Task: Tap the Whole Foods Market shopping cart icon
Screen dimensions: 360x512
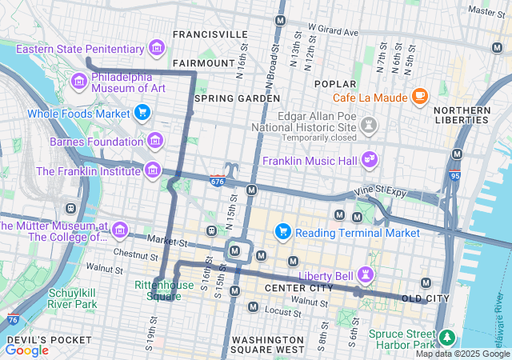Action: click(x=143, y=113)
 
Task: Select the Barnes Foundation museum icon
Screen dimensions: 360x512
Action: click(x=155, y=142)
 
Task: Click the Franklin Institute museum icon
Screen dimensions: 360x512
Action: click(x=151, y=170)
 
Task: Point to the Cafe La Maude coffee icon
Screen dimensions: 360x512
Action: click(x=420, y=97)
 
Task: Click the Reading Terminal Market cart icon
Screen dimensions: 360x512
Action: click(x=282, y=232)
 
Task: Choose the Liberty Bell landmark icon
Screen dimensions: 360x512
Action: click(x=366, y=275)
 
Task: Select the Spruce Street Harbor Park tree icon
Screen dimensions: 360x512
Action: click(x=446, y=336)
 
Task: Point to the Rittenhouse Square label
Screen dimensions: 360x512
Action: click(x=163, y=290)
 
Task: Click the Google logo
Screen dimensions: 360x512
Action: click(x=26, y=350)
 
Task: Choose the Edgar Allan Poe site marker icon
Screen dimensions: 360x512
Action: click(x=369, y=125)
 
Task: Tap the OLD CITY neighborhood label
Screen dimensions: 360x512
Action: click(x=424, y=298)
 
